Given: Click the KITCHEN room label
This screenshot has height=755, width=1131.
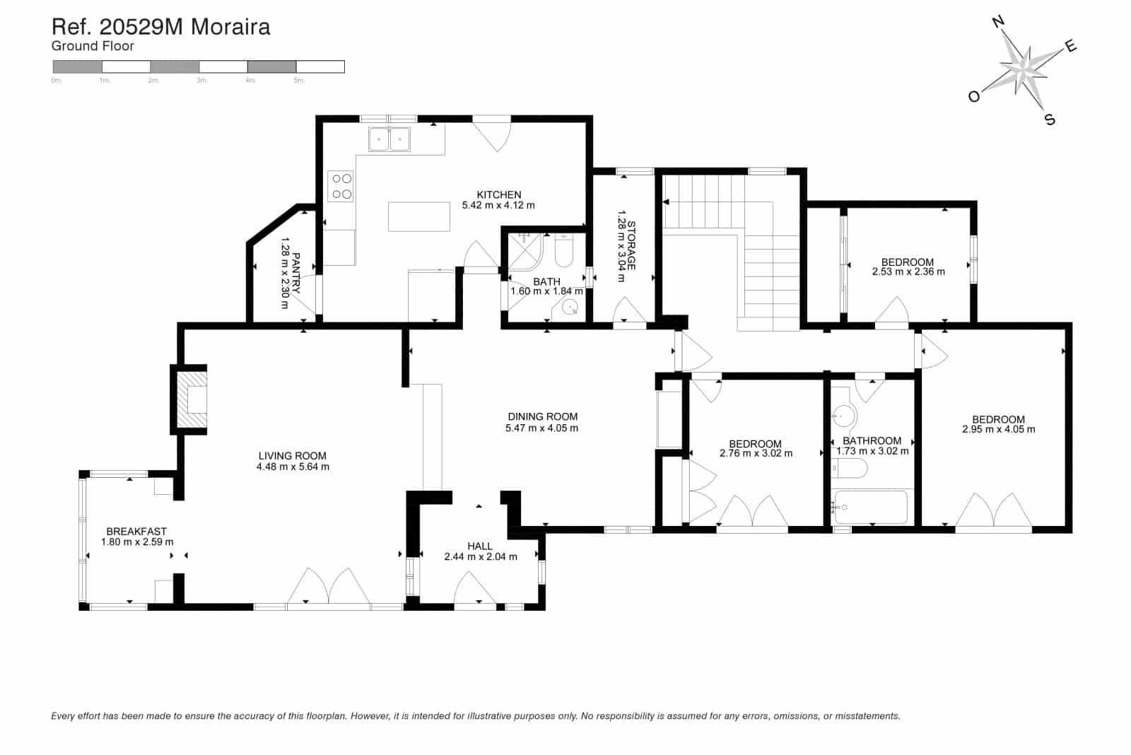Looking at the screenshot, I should tap(498, 194).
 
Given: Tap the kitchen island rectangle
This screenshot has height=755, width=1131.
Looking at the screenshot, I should tap(419, 216).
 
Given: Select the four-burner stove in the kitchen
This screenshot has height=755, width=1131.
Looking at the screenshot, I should tap(341, 187).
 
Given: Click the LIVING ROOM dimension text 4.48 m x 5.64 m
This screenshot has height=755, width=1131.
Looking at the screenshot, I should tap(293, 467).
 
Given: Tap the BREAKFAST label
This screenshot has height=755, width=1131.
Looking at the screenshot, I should tap(136, 532).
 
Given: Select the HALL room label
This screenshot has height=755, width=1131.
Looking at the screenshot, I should tap(480, 546).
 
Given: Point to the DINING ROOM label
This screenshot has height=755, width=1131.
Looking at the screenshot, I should tap(542, 417).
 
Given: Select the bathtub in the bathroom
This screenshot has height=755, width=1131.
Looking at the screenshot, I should tap(871, 507).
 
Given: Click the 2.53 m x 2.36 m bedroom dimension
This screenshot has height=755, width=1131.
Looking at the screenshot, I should tap(908, 271).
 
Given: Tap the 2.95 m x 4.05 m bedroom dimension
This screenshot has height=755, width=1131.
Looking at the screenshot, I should tap(998, 429).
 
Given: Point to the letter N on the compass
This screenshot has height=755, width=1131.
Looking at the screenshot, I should tap(998, 22).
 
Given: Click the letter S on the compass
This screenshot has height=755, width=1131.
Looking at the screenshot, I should tap(1050, 120).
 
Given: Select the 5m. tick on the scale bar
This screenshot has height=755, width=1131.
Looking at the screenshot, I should tap(299, 81).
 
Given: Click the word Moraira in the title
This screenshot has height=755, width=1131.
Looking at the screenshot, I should tap(231, 27).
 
